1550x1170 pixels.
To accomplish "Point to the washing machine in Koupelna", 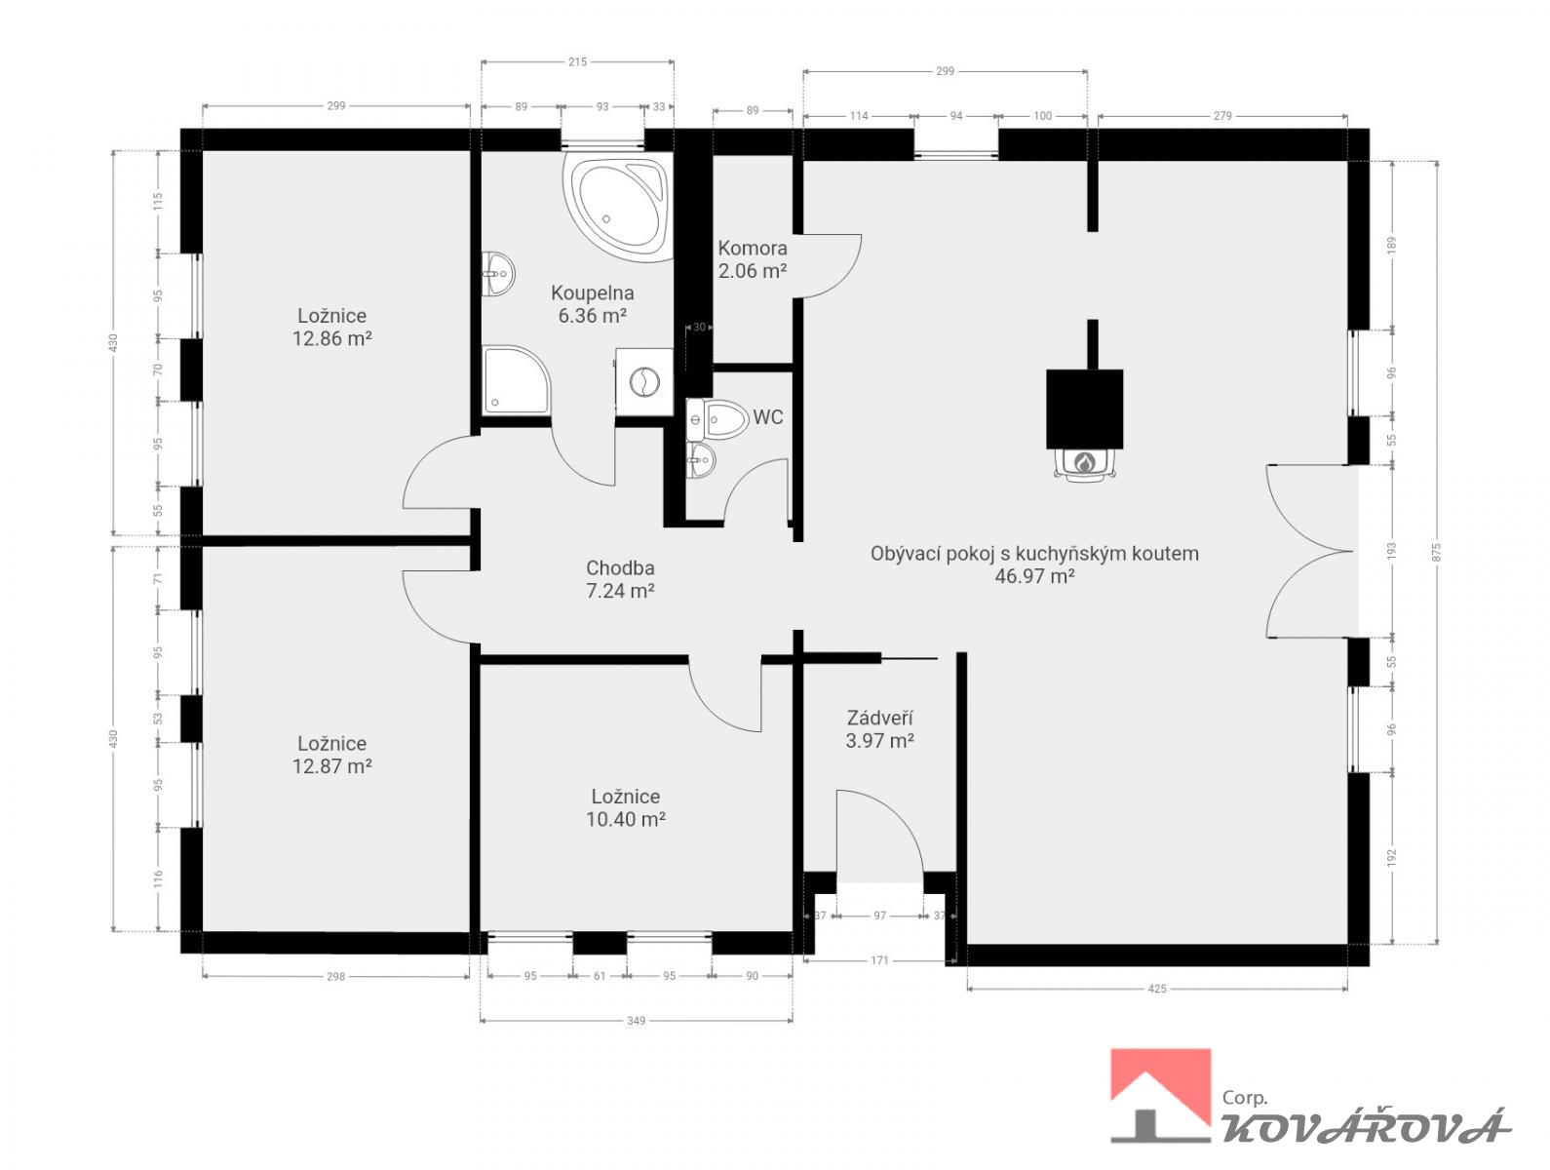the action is (643, 382).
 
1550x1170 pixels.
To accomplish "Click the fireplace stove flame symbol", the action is (1083, 462).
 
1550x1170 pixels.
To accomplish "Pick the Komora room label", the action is (752, 248).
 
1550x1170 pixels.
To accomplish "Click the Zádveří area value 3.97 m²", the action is (880, 741).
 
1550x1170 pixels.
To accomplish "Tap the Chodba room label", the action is (620, 567).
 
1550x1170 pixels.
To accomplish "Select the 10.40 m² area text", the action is (626, 819).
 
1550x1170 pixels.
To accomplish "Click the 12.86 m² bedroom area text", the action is (331, 338).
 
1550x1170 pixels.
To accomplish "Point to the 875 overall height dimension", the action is (1437, 552).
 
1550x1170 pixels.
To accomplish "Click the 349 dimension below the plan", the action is (636, 1020).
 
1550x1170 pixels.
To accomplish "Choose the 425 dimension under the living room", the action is (1157, 989).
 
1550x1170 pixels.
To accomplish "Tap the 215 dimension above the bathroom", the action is (577, 62).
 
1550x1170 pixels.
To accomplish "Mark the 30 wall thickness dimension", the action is (699, 327).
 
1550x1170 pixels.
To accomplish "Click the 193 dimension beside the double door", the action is (1392, 551).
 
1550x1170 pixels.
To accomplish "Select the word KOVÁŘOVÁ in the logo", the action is (1366, 1127).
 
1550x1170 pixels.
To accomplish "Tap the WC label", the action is (767, 417).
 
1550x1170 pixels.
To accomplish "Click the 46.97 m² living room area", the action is (1034, 576).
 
